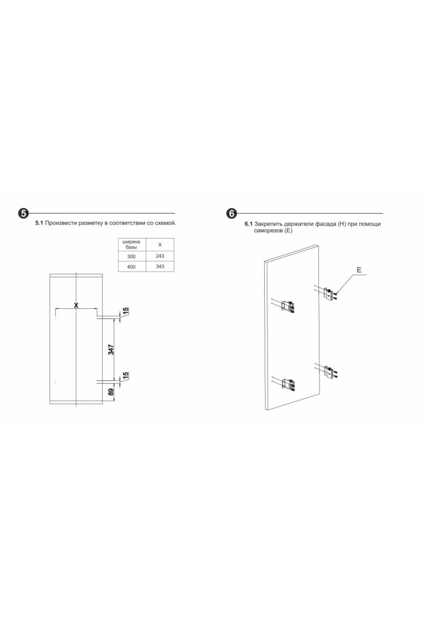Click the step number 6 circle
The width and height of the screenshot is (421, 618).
(x=232, y=213)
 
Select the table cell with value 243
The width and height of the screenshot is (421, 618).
(x=160, y=256)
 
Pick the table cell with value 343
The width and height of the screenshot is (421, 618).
(x=160, y=267)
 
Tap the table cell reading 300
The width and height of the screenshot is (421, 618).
(x=132, y=256)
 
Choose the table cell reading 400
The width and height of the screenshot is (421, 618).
(x=132, y=267)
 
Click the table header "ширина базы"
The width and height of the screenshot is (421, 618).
(x=132, y=244)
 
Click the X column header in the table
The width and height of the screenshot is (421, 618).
(x=160, y=245)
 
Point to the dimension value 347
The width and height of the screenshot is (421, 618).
(x=111, y=349)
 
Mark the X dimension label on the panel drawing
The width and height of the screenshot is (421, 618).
(x=76, y=305)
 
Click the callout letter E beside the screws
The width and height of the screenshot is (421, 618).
(x=359, y=270)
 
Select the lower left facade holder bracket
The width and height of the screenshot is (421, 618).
(x=288, y=384)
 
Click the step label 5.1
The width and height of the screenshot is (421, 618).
(x=39, y=223)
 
